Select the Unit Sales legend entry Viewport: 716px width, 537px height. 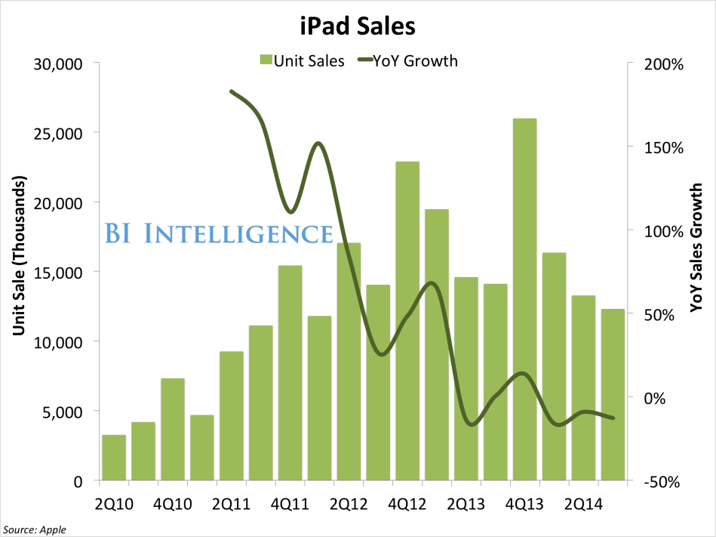point(301,61)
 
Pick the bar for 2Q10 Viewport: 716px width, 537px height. point(114,457)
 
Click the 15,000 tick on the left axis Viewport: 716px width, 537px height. point(58,273)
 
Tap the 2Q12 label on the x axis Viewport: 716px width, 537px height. point(349,502)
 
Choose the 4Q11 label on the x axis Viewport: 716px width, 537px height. point(290,502)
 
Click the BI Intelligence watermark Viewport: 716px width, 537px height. point(218,233)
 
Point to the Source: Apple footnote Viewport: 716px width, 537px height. point(35,529)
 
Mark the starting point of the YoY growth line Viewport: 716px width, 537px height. point(231,91)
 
